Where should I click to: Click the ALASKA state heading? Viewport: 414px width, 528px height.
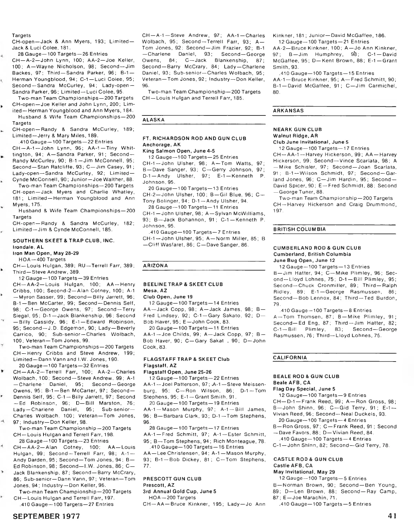154,120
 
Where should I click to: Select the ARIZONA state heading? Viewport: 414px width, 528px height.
155,265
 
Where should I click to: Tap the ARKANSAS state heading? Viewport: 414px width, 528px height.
288,111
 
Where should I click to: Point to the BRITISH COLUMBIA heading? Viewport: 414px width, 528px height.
299,229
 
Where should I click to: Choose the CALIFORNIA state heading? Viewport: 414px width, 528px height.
289,358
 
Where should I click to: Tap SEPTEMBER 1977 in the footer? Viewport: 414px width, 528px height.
47,516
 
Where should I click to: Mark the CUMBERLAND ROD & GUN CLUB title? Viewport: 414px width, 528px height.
317,248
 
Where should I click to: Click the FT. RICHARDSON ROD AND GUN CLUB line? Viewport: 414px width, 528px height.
194,138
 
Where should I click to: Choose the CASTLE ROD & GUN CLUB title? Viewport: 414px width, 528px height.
308,459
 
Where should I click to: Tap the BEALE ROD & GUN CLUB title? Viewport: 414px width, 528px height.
306,376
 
